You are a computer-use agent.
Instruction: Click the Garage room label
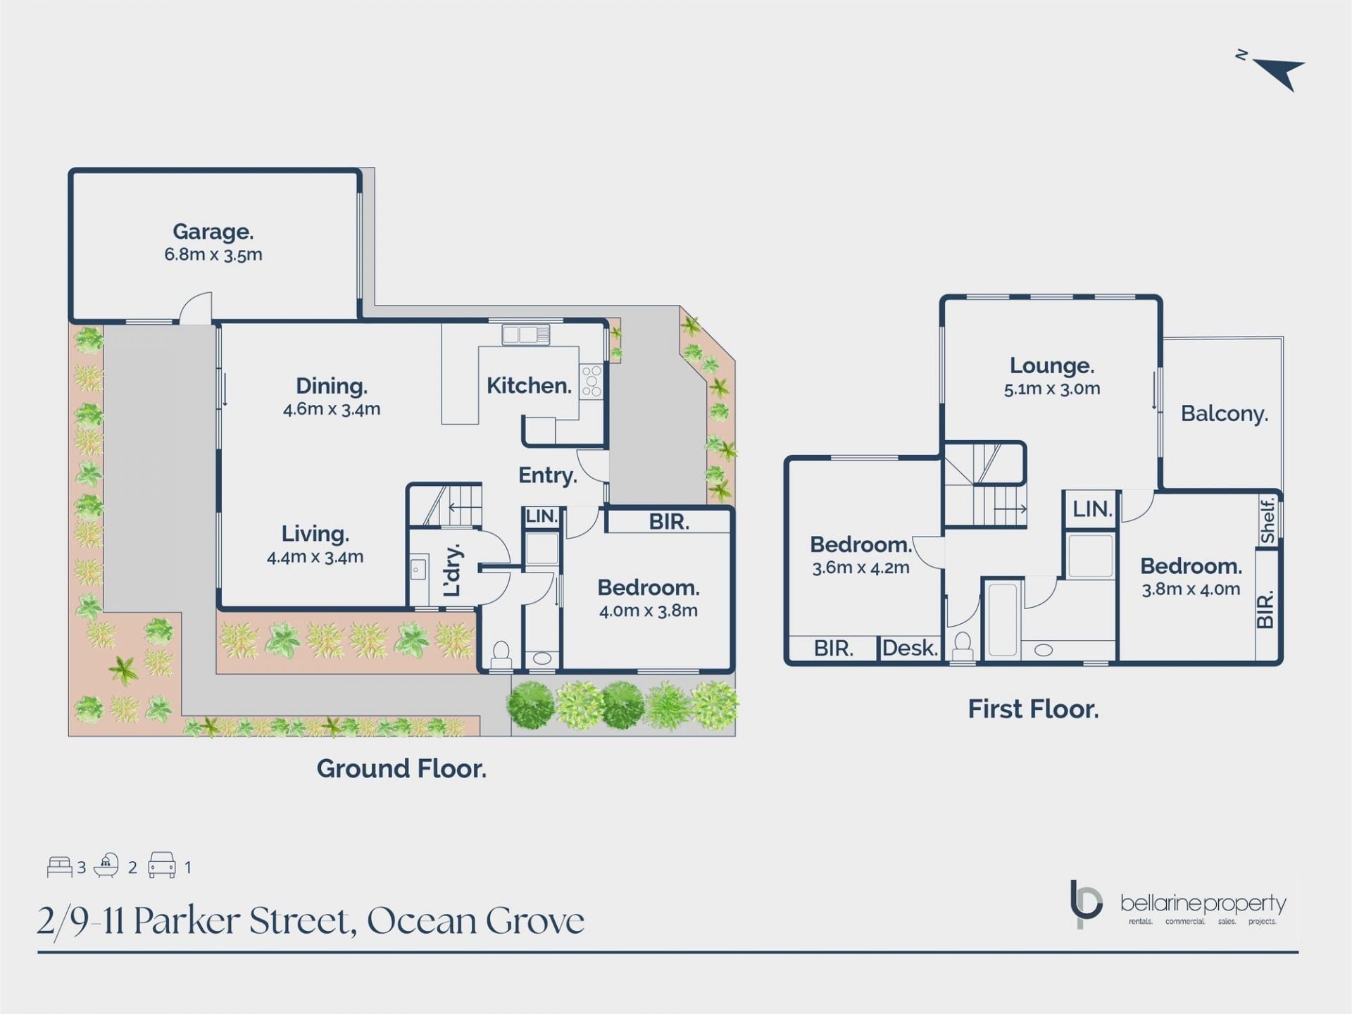click(x=213, y=232)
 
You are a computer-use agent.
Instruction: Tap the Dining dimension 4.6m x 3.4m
click(x=332, y=409)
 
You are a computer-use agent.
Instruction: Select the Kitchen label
click(x=529, y=385)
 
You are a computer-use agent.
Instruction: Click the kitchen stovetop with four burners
click(x=591, y=381)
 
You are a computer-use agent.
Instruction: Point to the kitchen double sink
click(x=526, y=335)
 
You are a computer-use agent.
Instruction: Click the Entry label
click(x=548, y=475)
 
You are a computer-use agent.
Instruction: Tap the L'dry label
click(x=453, y=570)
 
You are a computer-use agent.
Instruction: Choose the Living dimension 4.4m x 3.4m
click(x=315, y=557)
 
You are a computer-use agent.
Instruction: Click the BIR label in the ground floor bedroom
click(x=669, y=522)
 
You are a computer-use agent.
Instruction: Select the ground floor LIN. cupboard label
click(x=542, y=516)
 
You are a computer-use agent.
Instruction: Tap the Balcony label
click(x=1225, y=413)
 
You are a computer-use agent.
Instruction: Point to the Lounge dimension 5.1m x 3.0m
click(x=1052, y=389)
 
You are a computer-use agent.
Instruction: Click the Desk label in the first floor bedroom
click(x=910, y=648)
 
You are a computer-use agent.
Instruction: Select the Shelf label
click(x=1267, y=521)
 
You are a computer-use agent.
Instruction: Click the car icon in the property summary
click(x=161, y=865)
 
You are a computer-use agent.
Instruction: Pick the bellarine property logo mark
click(x=1085, y=904)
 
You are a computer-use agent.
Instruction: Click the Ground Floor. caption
click(x=401, y=768)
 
